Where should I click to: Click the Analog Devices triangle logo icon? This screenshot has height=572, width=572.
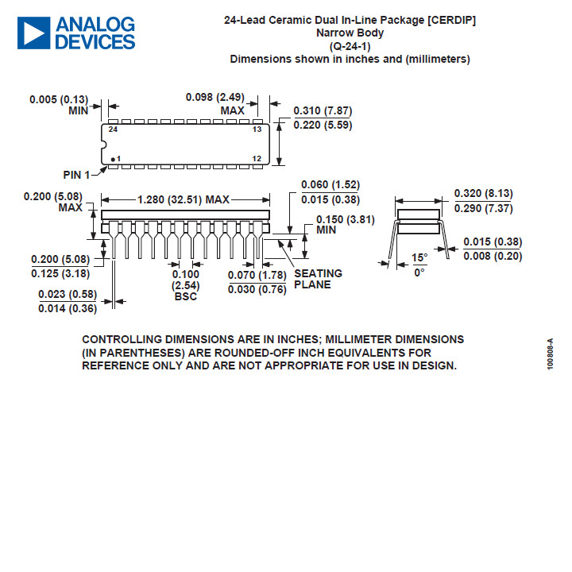(x=33, y=33)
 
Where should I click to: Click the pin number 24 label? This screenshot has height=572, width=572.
(x=113, y=129)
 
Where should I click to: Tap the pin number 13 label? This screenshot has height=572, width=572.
(x=257, y=129)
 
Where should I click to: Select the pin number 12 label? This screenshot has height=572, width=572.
(x=257, y=158)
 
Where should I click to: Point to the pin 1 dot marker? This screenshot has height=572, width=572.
(x=113, y=160)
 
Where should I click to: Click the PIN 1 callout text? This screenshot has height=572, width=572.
(x=76, y=175)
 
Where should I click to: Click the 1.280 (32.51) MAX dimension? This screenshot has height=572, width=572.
(x=184, y=199)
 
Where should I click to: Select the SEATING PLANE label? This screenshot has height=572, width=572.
(x=318, y=279)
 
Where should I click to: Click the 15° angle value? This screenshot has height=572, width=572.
(x=419, y=257)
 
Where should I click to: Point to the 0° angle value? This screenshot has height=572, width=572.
(x=419, y=272)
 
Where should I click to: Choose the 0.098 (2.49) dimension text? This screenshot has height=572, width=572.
(x=214, y=97)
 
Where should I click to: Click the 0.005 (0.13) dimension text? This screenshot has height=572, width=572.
(x=59, y=99)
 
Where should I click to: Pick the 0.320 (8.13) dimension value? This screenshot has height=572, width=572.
(x=483, y=193)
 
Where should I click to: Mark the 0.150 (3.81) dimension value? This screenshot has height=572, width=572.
(x=346, y=219)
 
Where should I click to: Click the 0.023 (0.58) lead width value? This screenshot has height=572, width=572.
(x=68, y=294)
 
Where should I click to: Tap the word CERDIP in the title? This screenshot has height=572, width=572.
(x=451, y=20)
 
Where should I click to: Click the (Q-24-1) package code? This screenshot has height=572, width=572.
(x=350, y=46)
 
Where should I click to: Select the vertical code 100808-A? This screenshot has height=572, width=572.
(x=551, y=354)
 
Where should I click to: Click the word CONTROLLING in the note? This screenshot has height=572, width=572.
(x=122, y=339)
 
